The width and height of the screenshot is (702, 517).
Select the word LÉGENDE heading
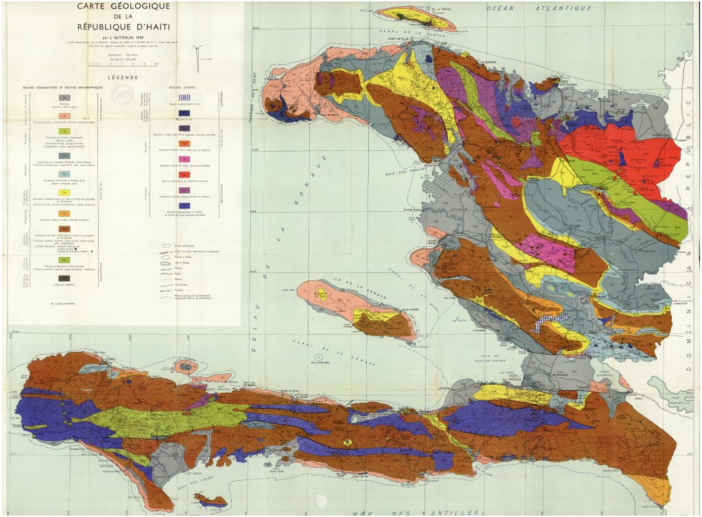pyautogui.click(x=123, y=77)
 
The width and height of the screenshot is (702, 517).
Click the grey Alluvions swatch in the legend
pyautogui.click(x=64, y=98)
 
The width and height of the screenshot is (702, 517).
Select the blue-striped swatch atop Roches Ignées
pyautogui.click(x=184, y=97)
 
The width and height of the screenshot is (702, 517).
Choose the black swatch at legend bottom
pyautogui.click(x=64, y=278)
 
